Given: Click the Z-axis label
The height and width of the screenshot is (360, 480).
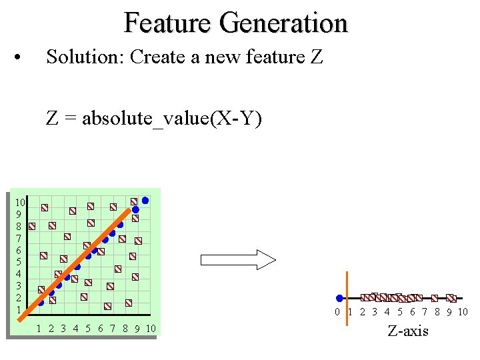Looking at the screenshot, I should coord(408,331).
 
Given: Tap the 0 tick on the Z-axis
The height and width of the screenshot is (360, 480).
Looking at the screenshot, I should coord(337,312).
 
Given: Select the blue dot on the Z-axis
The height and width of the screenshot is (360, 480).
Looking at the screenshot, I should coord(339,298).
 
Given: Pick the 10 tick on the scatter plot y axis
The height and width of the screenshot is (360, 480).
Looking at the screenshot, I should coord(20,202).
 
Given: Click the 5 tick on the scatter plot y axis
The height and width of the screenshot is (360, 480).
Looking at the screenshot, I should coord(18,262).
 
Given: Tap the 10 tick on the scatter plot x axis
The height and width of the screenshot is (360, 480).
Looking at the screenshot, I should coord(150,328).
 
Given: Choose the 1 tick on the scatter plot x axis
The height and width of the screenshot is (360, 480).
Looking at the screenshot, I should coord(39,328).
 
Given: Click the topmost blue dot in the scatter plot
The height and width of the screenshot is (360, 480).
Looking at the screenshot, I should coord(145,199).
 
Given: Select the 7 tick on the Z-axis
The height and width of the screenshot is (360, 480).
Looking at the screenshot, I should coord(425,312).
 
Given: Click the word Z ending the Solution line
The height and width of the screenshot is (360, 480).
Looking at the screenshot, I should coord(317,57).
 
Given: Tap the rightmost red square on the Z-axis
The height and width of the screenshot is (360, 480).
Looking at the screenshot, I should coord(451,298).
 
